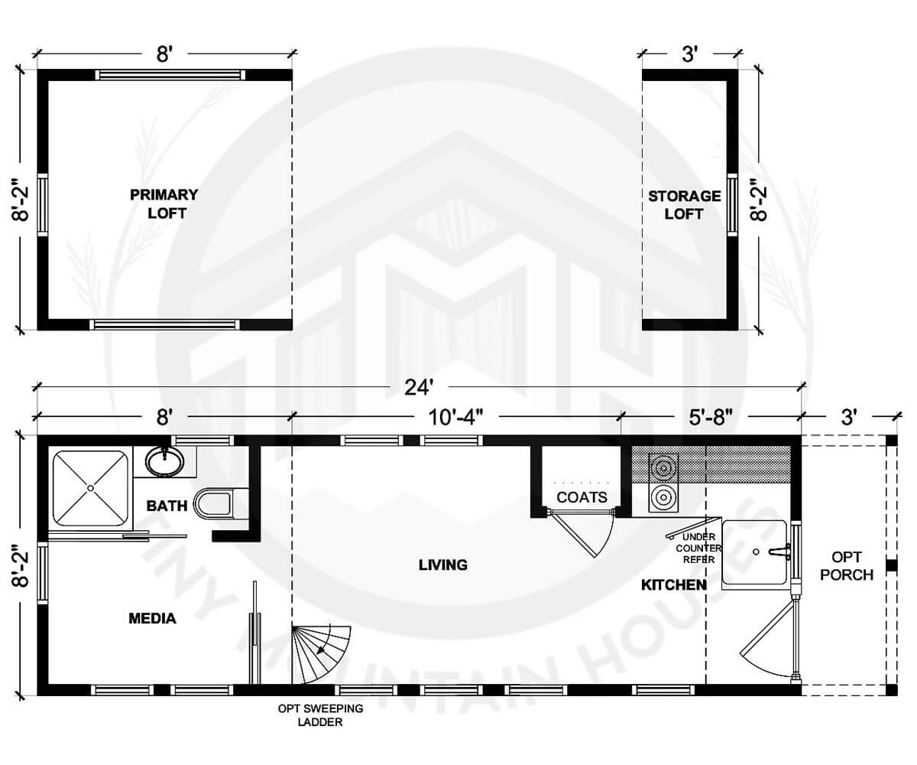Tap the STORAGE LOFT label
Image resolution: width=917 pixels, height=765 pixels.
[x=684, y=205]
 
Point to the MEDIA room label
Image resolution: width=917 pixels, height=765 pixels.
[x=152, y=618]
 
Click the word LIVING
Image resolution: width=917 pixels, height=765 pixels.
[x=442, y=565]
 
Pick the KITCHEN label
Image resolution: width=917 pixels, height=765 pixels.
[x=672, y=585]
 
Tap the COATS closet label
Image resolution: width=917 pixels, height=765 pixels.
[x=582, y=498]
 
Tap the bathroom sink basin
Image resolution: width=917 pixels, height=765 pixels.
[x=164, y=461]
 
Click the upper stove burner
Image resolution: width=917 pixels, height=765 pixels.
[x=662, y=467]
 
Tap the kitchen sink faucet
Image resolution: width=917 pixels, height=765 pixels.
[x=778, y=551]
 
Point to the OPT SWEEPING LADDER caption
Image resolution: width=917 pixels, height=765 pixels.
[x=320, y=715]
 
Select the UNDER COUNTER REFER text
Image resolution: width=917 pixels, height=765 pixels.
[x=698, y=549]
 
